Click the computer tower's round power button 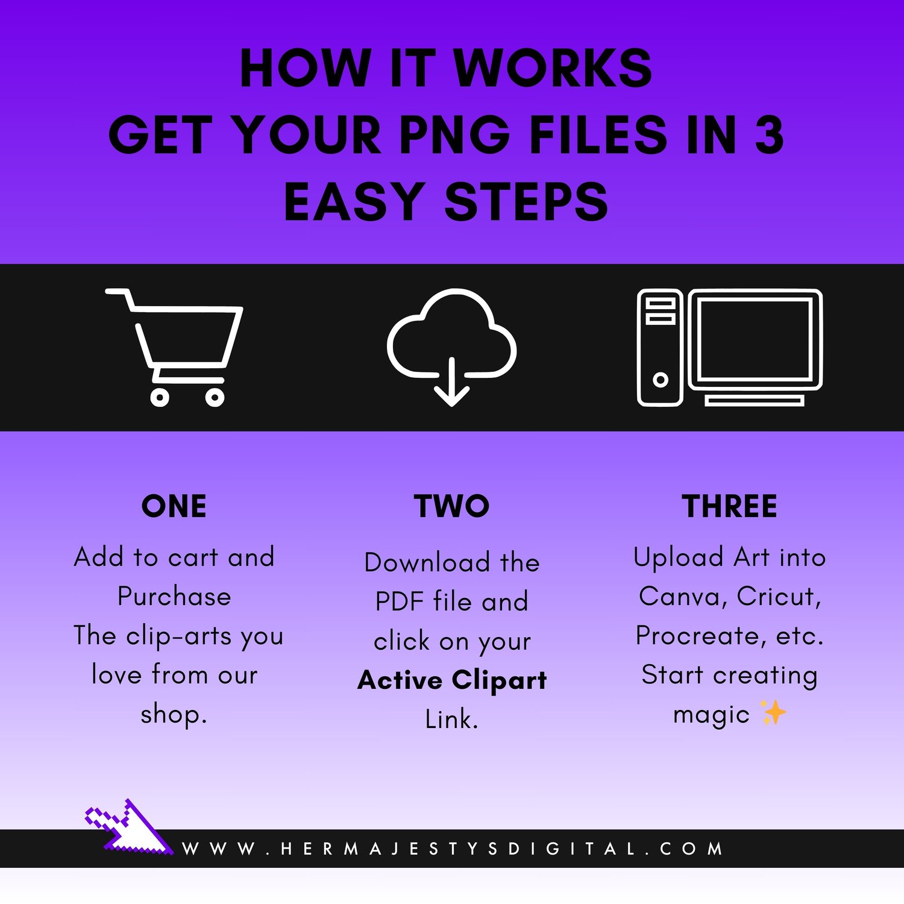pyautogui.click(x=661, y=380)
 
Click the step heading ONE pyautogui.click(x=174, y=506)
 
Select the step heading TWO pyautogui.click(x=452, y=506)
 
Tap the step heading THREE pyautogui.click(x=730, y=506)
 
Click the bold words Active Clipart pyautogui.click(x=452, y=680)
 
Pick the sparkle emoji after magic pyautogui.click(x=774, y=712)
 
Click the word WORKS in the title pyautogui.click(x=552, y=68)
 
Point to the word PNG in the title pyautogui.click(x=455, y=134)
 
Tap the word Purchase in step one pyautogui.click(x=174, y=597)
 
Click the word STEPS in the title pyautogui.click(x=526, y=202)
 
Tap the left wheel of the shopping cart pyautogui.click(x=160, y=397)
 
